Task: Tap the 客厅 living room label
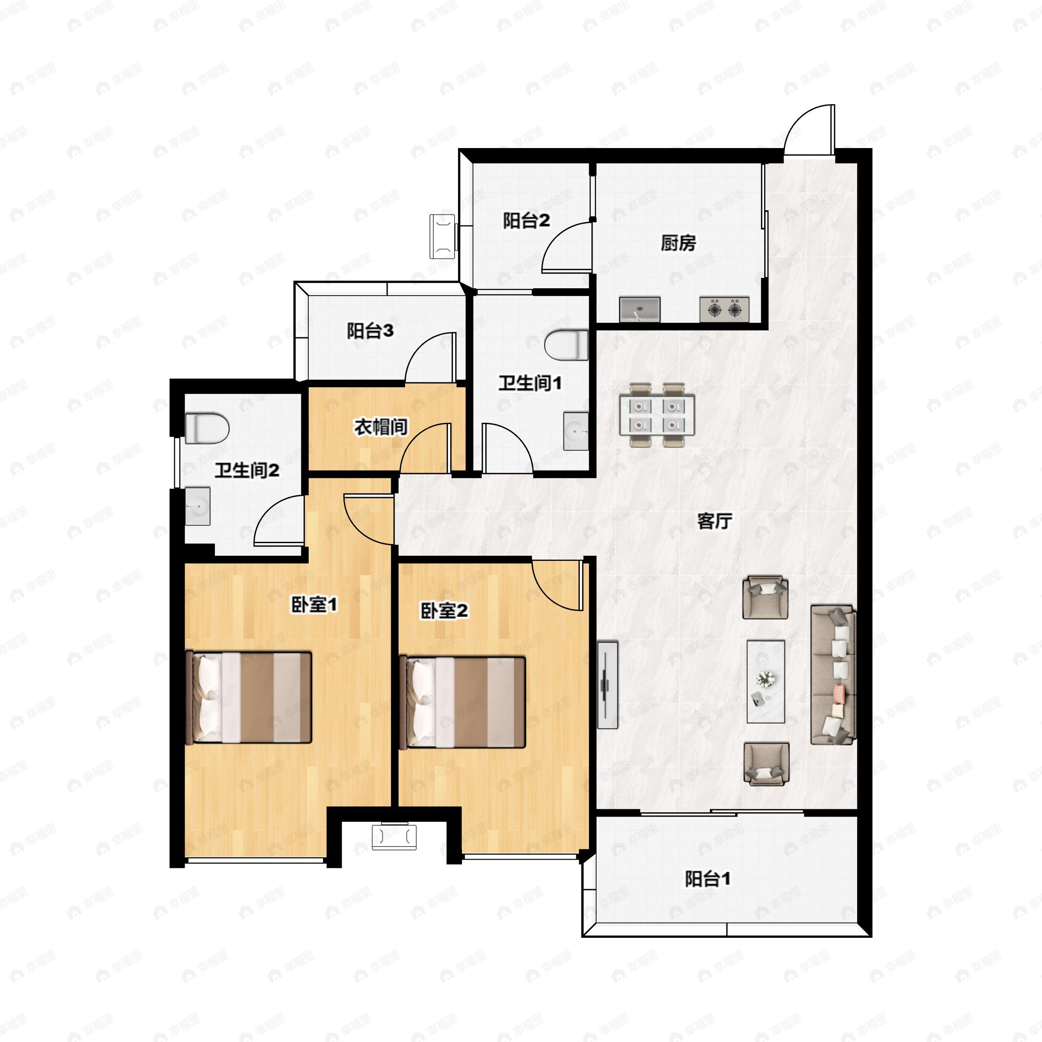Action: (x=715, y=521)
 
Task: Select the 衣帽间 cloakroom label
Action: (x=381, y=427)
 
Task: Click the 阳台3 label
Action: (x=370, y=330)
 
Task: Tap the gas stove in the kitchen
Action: (x=724, y=310)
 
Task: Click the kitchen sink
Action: (x=640, y=310)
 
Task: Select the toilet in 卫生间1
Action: (x=566, y=345)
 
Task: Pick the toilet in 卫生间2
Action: (x=207, y=428)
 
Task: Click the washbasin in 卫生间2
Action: (x=198, y=506)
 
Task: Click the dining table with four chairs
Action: (x=657, y=415)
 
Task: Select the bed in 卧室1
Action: (x=249, y=697)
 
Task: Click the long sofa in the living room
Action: (x=833, y=675)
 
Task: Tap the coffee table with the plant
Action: (x=766, y=682)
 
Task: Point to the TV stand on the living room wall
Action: (x=607, y=684)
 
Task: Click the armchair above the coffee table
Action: (x=765, y=597)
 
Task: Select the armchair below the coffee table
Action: (x=766, y=764)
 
